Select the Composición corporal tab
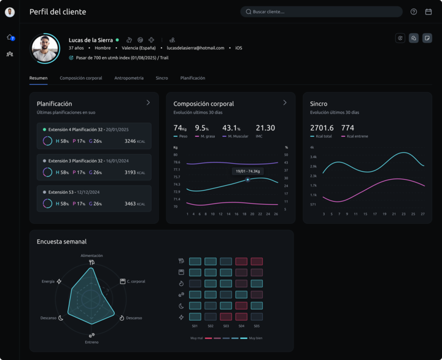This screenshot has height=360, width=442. [x=81, y=79]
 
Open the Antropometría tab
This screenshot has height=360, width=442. [x=129, y=79]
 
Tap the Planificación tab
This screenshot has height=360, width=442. [x=193, y=79]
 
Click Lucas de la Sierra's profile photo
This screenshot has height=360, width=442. [x=45, y=48]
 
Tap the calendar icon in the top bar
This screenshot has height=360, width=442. [x=428, y=12]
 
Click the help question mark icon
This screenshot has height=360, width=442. [x=414, y=12]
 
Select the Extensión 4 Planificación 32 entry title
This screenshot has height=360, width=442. [x=85, y=130]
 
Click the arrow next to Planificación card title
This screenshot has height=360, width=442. [x=148, y=103]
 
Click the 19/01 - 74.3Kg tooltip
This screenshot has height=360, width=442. [x=248, y=172]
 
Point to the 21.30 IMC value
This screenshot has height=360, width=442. [x=265, y=128]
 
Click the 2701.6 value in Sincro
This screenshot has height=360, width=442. [x=322, y=128]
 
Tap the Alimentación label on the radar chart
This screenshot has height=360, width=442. [x=91, y=256]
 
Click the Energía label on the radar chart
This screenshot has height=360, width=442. [x=48, y=281]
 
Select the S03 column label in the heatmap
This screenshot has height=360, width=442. [x=226, y=326]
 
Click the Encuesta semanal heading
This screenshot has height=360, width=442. [x=61, y=242]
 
